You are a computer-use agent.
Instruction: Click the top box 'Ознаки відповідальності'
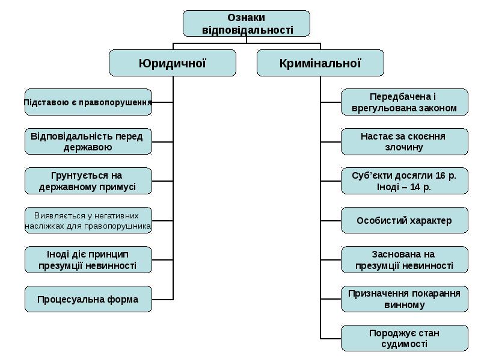pyautogui.click(x=247, y=23)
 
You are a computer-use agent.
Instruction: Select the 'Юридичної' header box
pyautogui.click(x=173, y=63)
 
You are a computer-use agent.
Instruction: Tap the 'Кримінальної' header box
pyautogui.click(x=320, y=63)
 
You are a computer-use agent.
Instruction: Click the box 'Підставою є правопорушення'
pyautogui.click(x=88, y=102)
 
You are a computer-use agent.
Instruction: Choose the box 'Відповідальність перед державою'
pyautogui.click(x=88, y=142)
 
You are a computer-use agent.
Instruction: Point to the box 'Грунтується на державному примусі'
pyautogui.click(x=88, y=181)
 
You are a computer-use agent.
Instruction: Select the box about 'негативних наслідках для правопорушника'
pyautogui.click(x=88, y=221)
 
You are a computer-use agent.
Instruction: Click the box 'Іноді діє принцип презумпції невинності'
pyautogui.click(x=88, y=260)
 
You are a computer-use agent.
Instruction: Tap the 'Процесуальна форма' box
pyautogui.click(x=88, y=299)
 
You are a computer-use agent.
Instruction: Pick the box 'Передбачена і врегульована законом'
pyautogui.click(x=404, y=102)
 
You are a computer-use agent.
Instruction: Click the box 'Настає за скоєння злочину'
pyautogui.click(x=404, y=142)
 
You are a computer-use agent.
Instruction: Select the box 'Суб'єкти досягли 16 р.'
pyautogui.click(x=404, y=181)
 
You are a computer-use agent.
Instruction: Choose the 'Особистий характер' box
pyautogui.click(x=404, y=221)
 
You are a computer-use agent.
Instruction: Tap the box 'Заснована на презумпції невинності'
pyautogui.click(x=404, y=260)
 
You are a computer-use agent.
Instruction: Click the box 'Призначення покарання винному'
pyautogui.click(x=404, y=299)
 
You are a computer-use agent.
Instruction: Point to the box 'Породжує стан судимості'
pyautogui.click(x=404, y=338)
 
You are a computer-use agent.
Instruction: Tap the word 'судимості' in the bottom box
pyautogui.click(x=404, y=344)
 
